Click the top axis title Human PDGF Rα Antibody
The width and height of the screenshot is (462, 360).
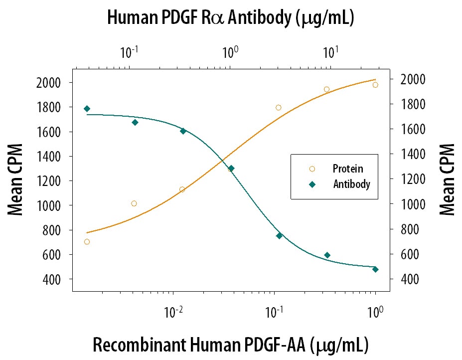point(231,18)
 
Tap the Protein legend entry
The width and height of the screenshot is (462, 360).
point(347,169)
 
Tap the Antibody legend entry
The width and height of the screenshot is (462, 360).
point(351,184)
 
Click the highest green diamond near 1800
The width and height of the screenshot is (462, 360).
point(87,109)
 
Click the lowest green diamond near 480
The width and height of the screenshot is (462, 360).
point(375,269)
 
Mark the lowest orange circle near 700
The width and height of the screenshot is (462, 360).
point(87,242)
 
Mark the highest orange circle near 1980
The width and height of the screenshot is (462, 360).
point(375,85)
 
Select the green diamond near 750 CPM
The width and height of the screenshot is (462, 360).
point(279,236)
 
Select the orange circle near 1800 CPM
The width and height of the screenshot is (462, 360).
point(279,108)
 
